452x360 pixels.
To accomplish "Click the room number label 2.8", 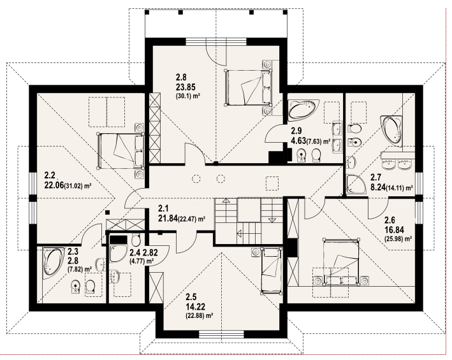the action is click(x=181, y=78).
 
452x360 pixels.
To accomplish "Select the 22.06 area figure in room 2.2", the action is click(x=54, y=186).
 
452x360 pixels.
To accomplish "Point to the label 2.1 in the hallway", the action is click(x=163, y=208).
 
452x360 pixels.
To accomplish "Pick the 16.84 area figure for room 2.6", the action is click(x=394, y=229).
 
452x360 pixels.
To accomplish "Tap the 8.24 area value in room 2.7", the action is click(x=377, y=187).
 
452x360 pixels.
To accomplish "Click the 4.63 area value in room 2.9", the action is click(x=298, y=141).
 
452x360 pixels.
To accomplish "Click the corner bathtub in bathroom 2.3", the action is click(x=54, y=263).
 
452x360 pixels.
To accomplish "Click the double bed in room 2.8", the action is click(x=248, y=87).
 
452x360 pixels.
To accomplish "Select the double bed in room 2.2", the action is click(x=120, y=150).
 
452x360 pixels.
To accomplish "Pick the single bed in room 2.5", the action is click(x=271, y=271).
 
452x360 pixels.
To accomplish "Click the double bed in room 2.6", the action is click(x=341, y=261).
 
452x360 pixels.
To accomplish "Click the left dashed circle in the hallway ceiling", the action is click(x=196, y=179).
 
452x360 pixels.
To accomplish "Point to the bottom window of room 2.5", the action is click(x=221, y=335).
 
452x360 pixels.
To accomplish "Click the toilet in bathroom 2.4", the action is click(x=136, y=239).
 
